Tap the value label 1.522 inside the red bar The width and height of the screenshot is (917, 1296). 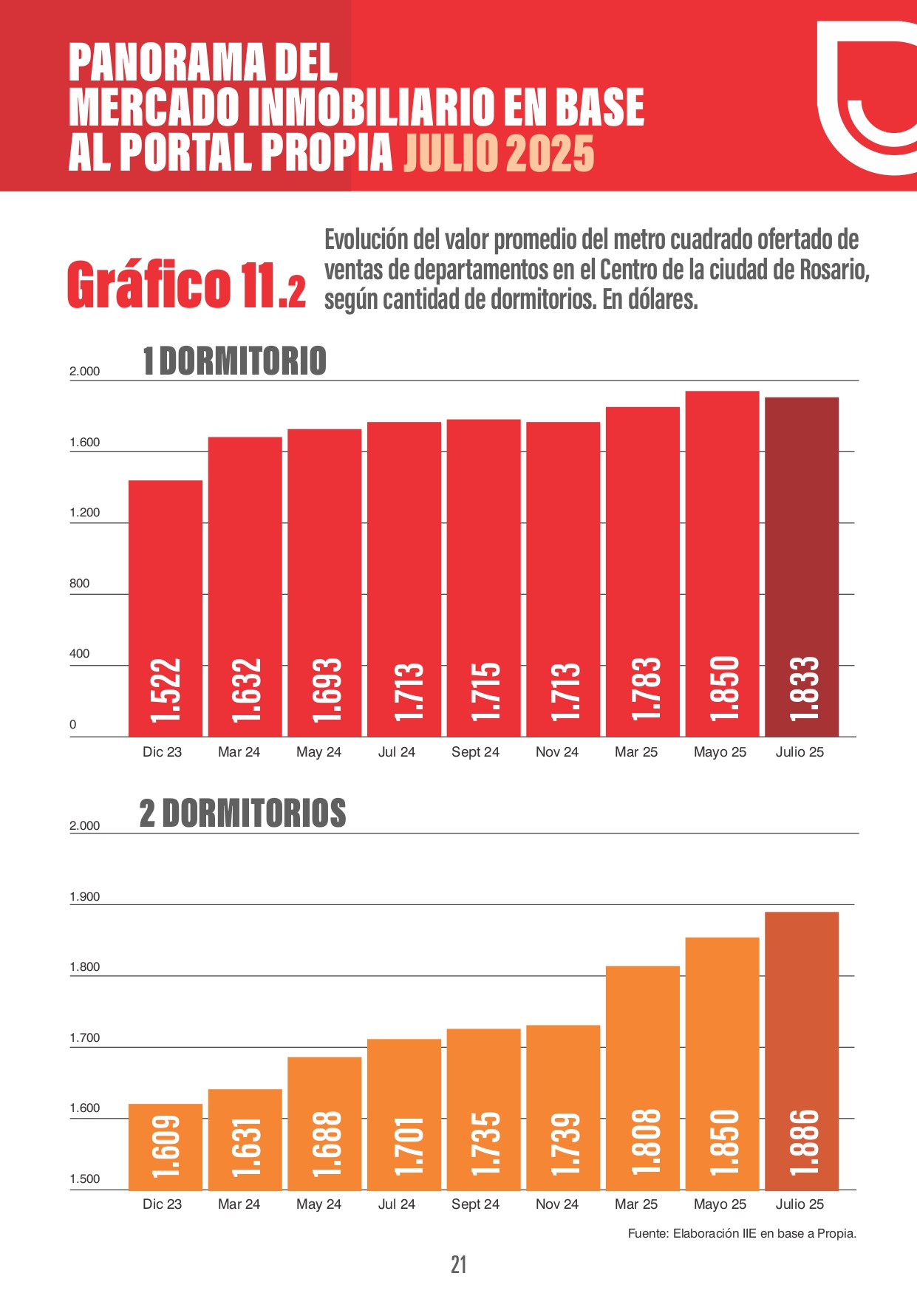(166, 690)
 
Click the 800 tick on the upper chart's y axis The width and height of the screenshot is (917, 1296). (79, 584)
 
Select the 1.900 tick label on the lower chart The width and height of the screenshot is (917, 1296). (84, 897)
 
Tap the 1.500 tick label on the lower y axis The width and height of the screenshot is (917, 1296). (84, 1179)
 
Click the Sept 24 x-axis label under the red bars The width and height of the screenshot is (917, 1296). (475, 752)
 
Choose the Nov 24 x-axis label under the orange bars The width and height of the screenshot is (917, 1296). (556, 1204)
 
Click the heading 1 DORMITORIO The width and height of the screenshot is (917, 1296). (234, 361)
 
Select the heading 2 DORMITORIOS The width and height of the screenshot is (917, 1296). (242, 814)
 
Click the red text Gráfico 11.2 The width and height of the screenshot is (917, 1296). (186, 285)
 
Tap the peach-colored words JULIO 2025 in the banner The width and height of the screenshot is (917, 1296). (499, 154)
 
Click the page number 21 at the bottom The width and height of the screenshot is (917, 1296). (458, 1265)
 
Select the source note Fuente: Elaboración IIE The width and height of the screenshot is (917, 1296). (741, 1233)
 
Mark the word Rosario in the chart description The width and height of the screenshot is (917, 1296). (834, 270)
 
